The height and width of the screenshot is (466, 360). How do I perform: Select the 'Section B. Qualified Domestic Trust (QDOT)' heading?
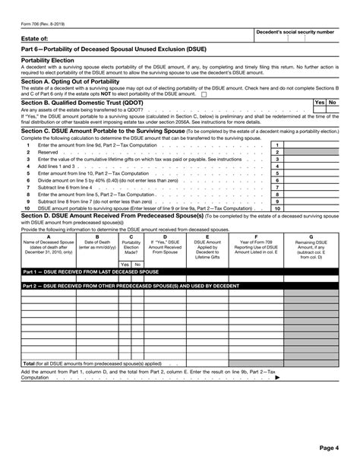(83, 102)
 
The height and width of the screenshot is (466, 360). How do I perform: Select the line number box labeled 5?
(278, 173)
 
